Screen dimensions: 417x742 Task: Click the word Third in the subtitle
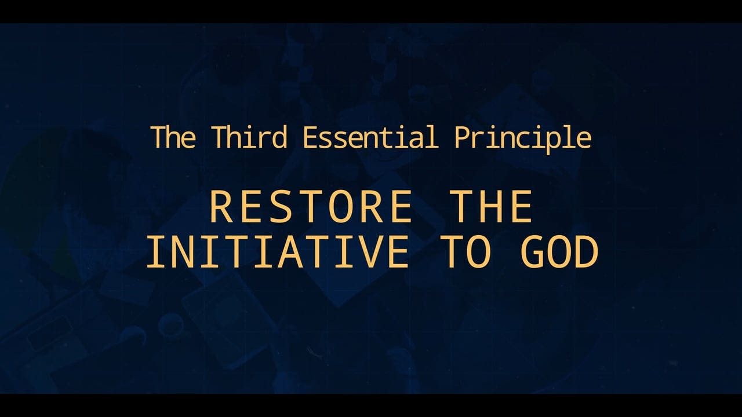click(249, 137)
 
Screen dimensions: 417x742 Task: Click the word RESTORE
click(310, 206)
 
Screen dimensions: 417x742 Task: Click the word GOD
click(559, 253)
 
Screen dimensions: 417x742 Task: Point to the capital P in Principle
click(462, 137)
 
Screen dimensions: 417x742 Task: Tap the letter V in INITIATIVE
click(372, 253)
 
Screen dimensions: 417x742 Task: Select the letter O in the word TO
click(478, 253)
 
